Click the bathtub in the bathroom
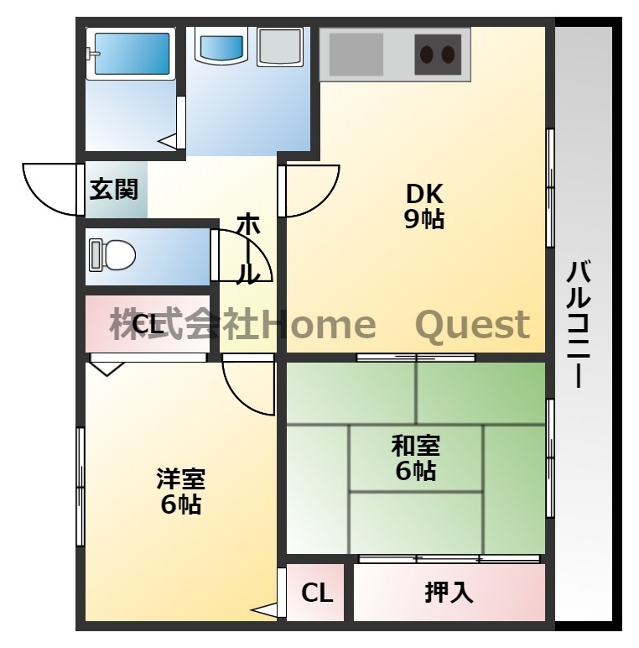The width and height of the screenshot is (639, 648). [x=132, y=54]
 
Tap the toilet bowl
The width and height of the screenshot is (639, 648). [x=112, y=255]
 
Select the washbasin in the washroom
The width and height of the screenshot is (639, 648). [x=221, y=48]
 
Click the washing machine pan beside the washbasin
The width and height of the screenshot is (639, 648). [x=280, y=46]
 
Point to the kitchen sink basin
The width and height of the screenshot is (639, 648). [x=356, y=55]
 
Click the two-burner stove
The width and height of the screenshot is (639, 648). [x=438, y=55]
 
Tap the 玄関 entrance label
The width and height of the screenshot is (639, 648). [x=113, y=190]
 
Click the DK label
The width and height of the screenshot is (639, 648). [x=424, y=194]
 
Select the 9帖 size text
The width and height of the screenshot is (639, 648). [x=424, y=219]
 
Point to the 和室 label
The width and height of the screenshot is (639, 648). [x=416, y=446]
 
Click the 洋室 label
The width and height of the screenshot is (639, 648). [x=181, y=478]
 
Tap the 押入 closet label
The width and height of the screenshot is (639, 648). [x=449, y=593]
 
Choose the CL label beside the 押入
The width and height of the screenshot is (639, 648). [x=317, y=593]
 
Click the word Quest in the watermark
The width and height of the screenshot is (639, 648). [x=473, y=326]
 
